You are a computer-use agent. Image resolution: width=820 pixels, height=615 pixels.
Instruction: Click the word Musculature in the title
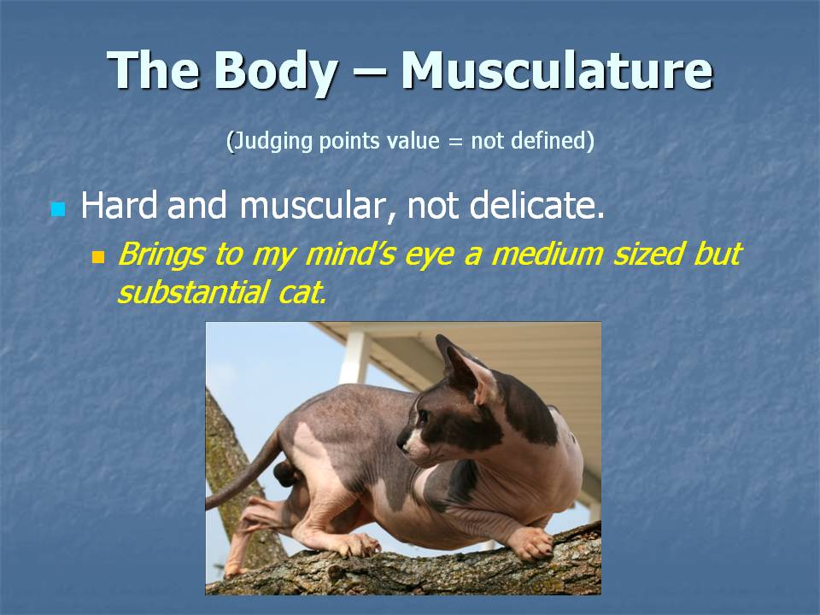coord(557,70)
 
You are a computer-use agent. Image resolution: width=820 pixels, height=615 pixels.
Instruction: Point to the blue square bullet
coord(58,209)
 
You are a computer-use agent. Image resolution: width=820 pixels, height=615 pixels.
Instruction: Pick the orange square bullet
coord(98,257)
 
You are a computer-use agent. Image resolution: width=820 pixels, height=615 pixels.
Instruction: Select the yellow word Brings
coord(161,255)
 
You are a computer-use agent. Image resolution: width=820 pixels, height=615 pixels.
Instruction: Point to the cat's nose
coord(401,443)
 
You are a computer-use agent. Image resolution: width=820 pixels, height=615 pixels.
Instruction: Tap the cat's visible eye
coord(423,416)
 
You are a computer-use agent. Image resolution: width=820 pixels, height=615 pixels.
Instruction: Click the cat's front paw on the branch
coord(530,543)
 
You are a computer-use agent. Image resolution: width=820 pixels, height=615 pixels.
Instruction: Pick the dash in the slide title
coord(369,73)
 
